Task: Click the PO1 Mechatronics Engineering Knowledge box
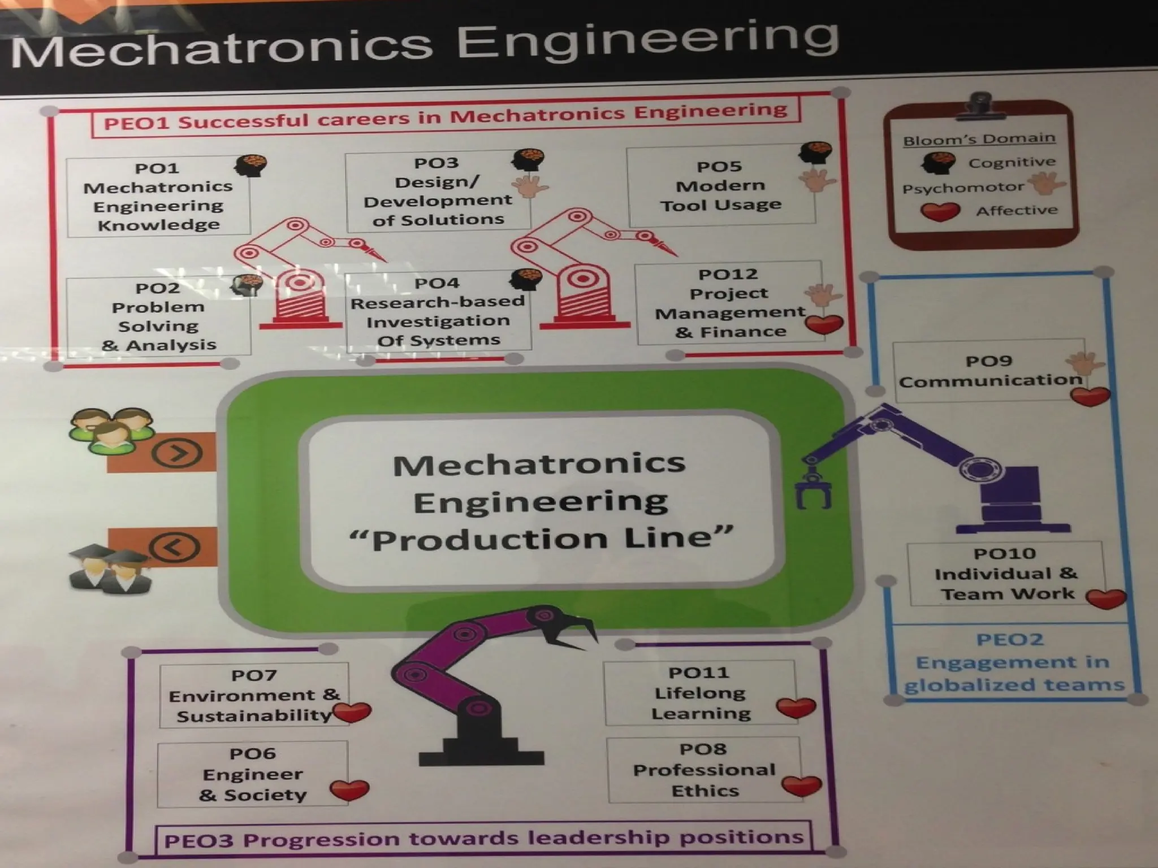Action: point(158,197)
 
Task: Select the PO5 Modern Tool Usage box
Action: point(721,185)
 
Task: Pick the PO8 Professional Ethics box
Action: point(704,770)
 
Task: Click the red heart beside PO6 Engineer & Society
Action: point(349,790)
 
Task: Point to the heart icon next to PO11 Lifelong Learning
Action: point(796,708)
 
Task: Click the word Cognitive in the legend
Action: point(1012,163)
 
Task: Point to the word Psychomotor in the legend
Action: point(962,188)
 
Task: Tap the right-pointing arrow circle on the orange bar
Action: point(177,453)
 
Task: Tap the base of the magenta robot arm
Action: point(481,752)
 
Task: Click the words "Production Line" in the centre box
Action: point(541,539)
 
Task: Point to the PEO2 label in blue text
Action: point(1009,640)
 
